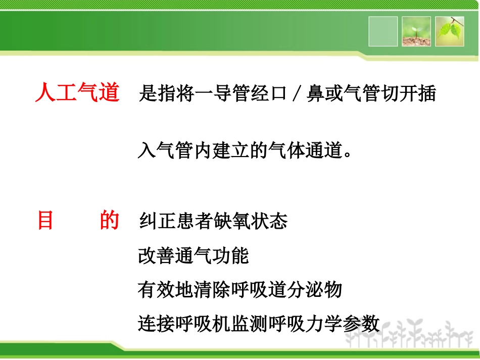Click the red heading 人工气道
[77, 93]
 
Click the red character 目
[45, 221]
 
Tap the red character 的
[109, 221]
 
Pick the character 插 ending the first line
[427, 94]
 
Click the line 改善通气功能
[194, 256]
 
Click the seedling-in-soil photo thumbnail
[416, 31]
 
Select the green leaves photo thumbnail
[450, 31]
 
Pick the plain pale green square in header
[383, 31]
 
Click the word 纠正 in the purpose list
[156, 222]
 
